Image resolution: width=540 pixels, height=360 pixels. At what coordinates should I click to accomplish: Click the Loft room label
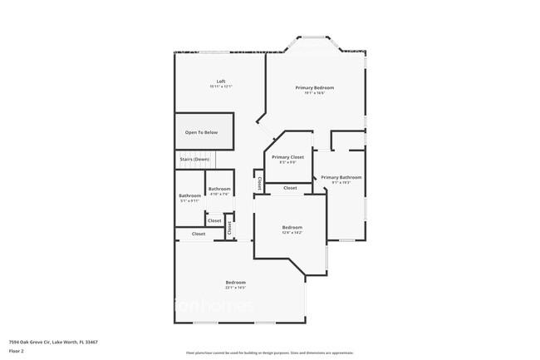(x=220, y=81)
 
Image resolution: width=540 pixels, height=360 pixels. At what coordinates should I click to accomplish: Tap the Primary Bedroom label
(x=315, y=87)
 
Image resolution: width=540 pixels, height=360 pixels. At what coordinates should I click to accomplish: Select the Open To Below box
(x=201, y=132)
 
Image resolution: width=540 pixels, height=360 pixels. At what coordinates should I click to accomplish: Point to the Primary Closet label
(x=287, y=157)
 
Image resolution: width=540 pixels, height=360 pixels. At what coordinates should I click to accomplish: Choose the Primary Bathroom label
(x=341, y=177)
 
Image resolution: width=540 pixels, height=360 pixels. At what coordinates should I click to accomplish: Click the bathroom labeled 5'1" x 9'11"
(x=189, y=196)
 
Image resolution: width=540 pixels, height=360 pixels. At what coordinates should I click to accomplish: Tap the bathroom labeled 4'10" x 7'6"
(x=219, y=190)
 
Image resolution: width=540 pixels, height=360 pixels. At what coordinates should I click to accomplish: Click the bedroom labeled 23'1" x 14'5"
(x=235, y=283)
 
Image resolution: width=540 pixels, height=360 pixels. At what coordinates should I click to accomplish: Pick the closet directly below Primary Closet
(x=290, y=188)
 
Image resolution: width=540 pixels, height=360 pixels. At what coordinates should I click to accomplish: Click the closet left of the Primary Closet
(x=259, y=181)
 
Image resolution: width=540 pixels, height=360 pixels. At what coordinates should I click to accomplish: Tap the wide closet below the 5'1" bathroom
(x=199, y=234)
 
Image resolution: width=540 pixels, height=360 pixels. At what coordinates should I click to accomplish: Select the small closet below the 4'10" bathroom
(x=214, y=220)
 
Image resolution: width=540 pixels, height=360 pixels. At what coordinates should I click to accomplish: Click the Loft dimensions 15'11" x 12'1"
(x=220, y=86)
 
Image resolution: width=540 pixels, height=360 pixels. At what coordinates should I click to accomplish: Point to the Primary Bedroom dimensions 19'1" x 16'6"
(x=315, y=92)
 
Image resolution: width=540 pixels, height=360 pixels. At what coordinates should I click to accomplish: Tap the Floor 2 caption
(x=17, y=351)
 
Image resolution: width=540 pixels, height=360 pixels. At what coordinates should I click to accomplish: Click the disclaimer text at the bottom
(x=270, y=353)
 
